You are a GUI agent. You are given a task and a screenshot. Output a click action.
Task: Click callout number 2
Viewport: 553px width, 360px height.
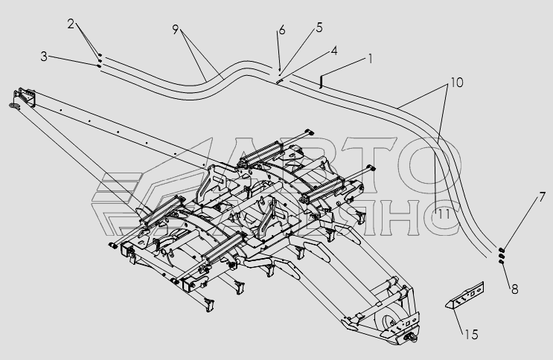pos(70,25)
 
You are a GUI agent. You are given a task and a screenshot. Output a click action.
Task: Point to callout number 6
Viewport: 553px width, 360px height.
pos(282,30)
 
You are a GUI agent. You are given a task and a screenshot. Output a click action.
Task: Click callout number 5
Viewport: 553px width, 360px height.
pos(319,28)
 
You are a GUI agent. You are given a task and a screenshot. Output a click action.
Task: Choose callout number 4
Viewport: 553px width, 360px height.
pos(334,51)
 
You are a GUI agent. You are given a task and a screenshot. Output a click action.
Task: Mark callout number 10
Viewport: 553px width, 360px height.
pos(456,82)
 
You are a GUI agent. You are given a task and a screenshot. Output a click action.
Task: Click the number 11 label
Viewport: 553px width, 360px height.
pos(444,214)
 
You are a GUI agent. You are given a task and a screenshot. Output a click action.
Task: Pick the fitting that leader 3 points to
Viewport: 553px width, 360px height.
pos(99,65)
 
